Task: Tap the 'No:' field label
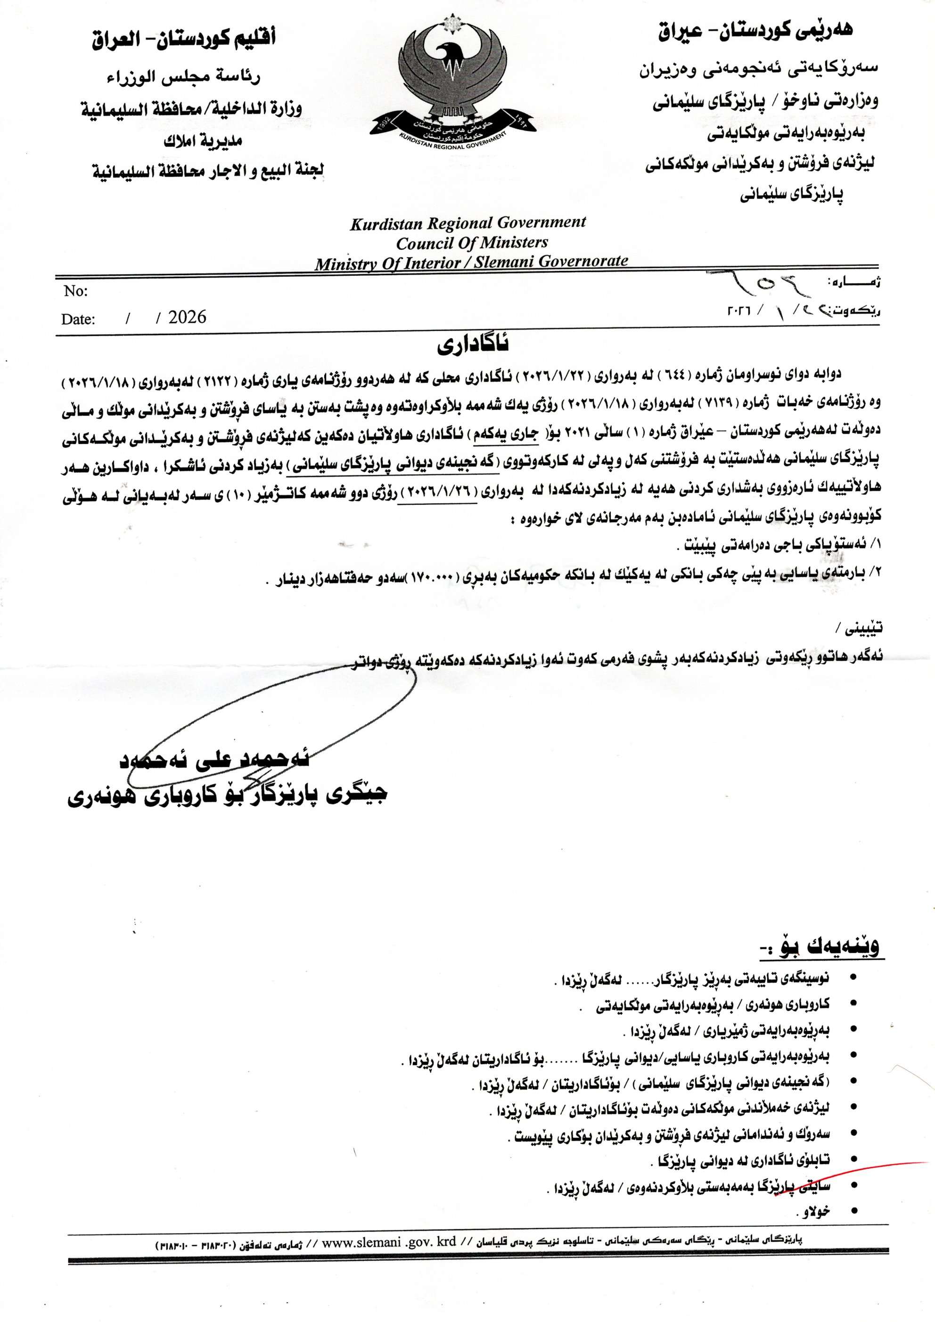tap(75, 291)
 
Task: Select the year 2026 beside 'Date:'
tap(187, 317)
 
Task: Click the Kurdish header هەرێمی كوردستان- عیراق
tap(756, 31)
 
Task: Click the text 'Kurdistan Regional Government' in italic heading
tap(467, 223)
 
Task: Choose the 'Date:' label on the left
tap(78, 319)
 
